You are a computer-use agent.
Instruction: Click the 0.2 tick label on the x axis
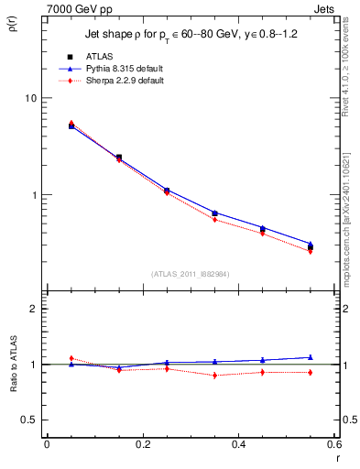click(x=142, y=443)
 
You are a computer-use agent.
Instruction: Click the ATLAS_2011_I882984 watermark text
click(x=191, y=274)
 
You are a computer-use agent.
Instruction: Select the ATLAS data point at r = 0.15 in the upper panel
click(x=119, y=158)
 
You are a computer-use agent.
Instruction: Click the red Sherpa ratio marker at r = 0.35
click(x=214, y=376)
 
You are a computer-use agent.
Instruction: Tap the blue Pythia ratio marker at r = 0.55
click(x=311, y=357)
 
